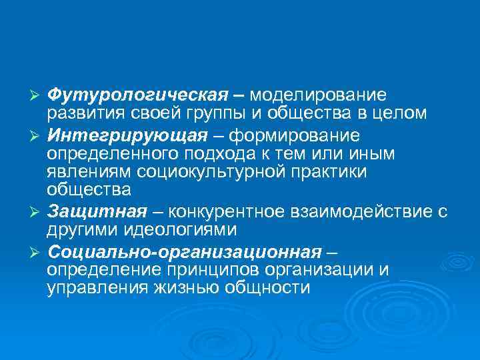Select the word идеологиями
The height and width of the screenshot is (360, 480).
[180, 229]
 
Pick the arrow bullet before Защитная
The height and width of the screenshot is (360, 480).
[37, 213]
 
